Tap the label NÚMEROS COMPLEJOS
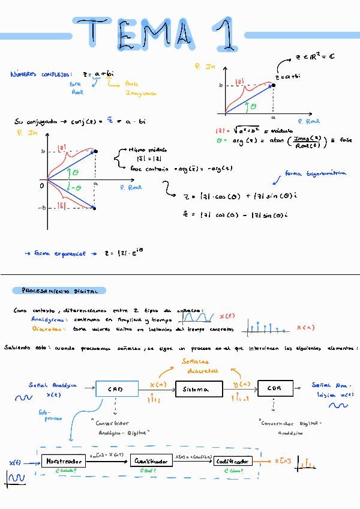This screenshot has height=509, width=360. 41,74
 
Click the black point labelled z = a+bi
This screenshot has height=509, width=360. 274,85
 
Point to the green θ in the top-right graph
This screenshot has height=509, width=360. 253,106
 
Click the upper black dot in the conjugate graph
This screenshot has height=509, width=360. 95,151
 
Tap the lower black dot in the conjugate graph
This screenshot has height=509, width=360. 95,208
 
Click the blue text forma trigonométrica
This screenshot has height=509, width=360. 316,173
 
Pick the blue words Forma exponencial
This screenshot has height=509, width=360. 60,254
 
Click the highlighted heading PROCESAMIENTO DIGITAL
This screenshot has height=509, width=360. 60,291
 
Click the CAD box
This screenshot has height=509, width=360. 116,389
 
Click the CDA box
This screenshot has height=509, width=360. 275,388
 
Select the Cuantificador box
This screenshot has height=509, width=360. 150,461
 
